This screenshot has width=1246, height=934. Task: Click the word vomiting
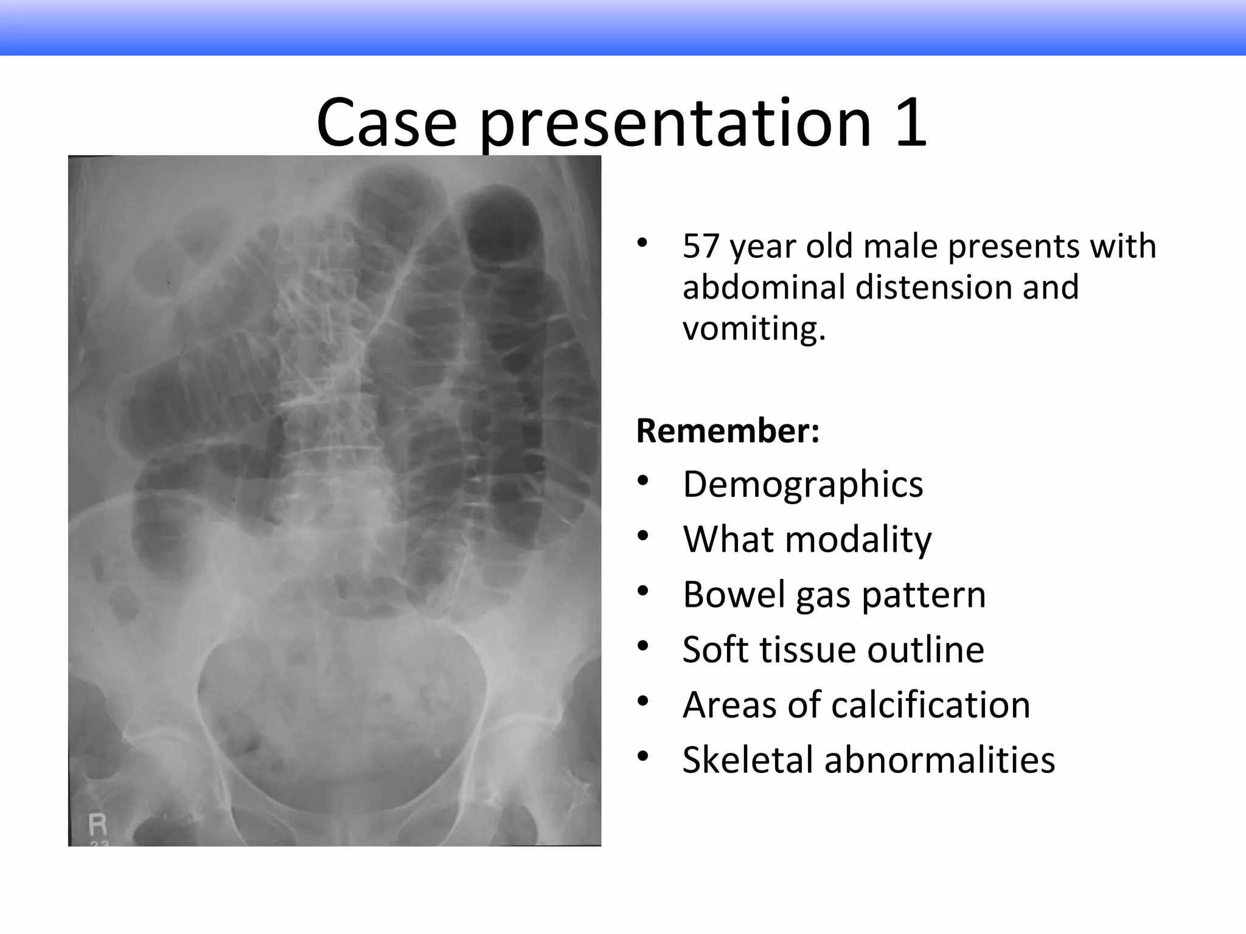(754, 329)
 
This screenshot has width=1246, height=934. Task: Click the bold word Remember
(727, 431)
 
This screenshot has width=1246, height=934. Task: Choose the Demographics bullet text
(802, 485)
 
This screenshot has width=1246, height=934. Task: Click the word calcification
(930, 705)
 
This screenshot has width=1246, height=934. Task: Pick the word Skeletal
(747, 760)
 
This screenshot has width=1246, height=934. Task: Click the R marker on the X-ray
(97, 825)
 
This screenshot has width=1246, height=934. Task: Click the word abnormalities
(939, 760)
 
